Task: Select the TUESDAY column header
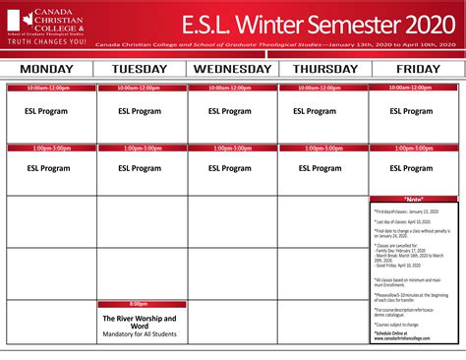coord(140,69)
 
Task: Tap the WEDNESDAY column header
coord(232,69)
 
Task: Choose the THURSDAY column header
coord(323,69)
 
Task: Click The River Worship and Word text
coord(140,323)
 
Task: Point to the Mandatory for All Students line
coord(140,335)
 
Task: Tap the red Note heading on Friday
coord(414,199)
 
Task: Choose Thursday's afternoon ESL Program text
coord(323,168)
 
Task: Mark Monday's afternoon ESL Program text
coord(46,168)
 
